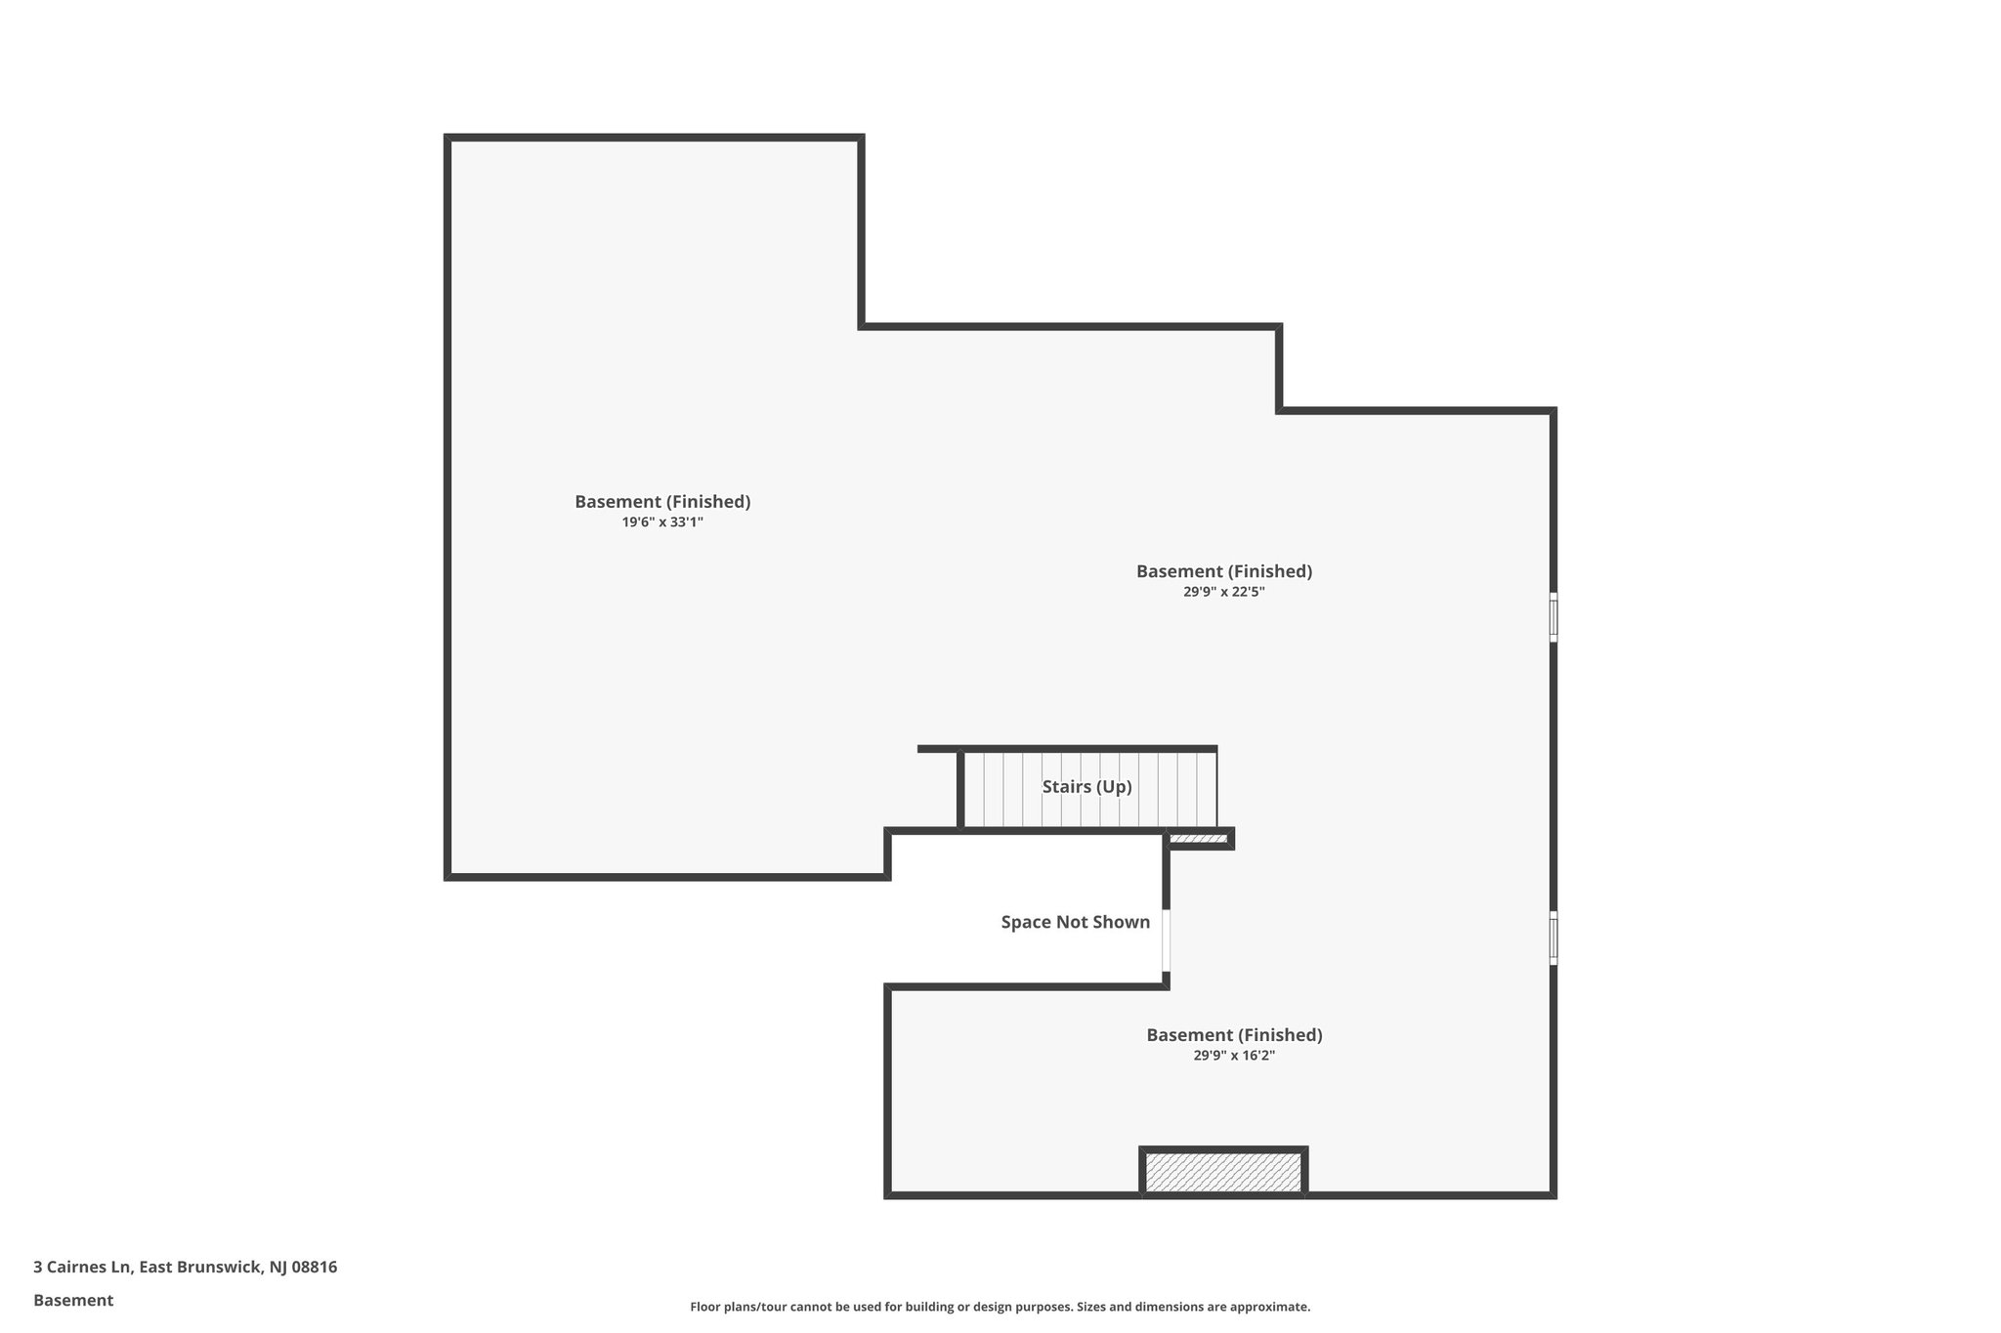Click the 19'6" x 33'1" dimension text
[662, 522]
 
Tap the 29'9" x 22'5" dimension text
[1223, 592]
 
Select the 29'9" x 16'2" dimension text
[1234, 1056]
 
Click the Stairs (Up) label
[1086, 787]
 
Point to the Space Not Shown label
[1075, 922]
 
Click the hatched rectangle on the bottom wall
[1223, 1172]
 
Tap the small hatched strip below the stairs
[1198, 839]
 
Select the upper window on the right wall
[1553, 617]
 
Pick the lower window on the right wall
[1553, 939]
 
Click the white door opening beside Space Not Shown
[1166, 939]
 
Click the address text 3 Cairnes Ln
[82, 1268]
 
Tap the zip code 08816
[315, 1268]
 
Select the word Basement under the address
[73, 1301]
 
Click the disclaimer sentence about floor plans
[1000, 1307]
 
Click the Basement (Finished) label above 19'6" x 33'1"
[662, 502]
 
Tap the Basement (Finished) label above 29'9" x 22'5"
[1223, 571]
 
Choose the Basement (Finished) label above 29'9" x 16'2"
[1234, 1035]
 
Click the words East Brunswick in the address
[200, 1268]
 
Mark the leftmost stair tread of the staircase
[974, 789]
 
